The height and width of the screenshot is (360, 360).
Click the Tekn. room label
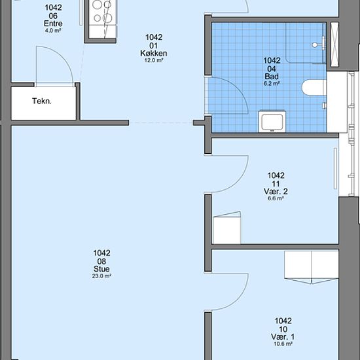tap(42, 101)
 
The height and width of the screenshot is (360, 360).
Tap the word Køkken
tap(154, 53)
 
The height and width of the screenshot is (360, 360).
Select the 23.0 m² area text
tap(101, 276)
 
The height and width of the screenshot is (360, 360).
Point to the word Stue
tap(101, 269)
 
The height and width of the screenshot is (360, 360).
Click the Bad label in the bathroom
tap(272, 76)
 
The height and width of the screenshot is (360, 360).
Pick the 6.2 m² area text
tap(272, 83)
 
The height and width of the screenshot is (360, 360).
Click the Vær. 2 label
tap(276, 191)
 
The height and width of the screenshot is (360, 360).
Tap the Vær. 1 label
tap(283, 336)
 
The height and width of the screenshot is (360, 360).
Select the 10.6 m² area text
tap(283, 344)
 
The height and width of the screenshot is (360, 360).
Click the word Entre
tap(53, 24)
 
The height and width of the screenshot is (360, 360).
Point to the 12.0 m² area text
tap(154, 60)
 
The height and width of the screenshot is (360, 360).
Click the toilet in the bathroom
tap(314, 87)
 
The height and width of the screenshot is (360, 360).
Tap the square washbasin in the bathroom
tap(272, 122)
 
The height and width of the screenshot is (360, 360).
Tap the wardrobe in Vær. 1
tap(312, 267)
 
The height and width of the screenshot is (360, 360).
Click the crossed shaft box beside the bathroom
tap(334, 45)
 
